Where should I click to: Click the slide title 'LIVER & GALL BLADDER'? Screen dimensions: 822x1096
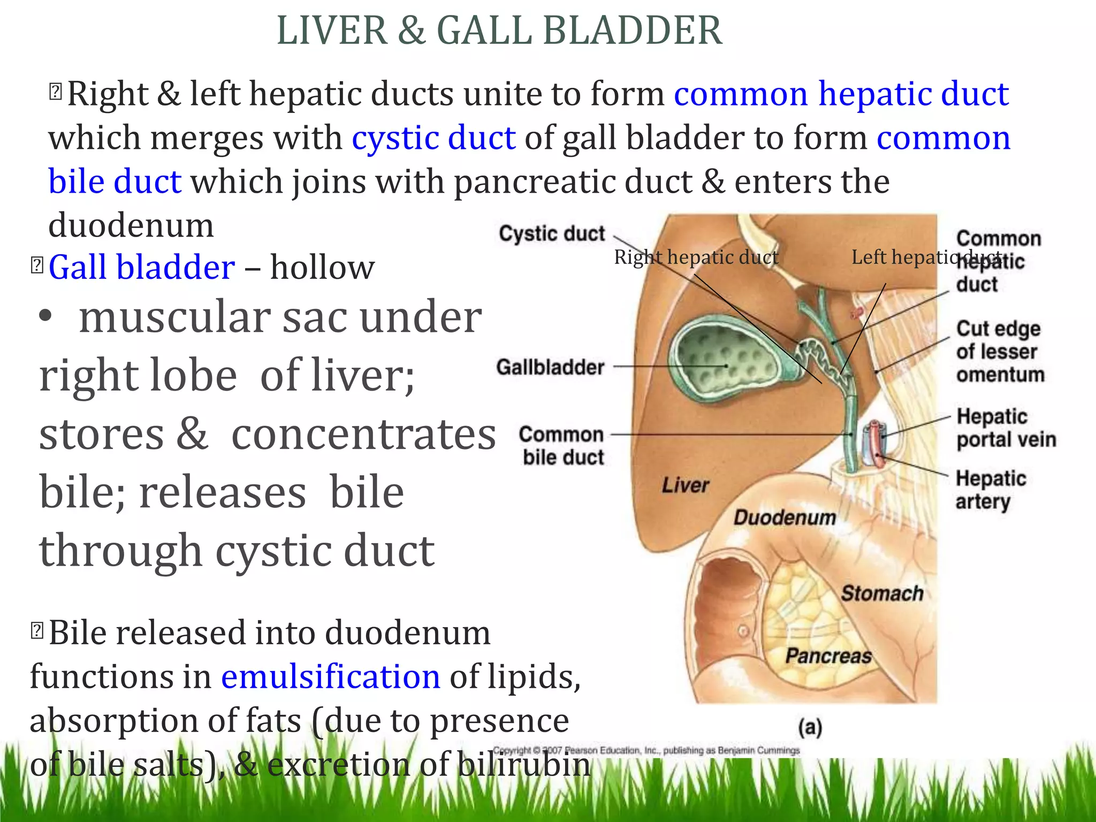499,31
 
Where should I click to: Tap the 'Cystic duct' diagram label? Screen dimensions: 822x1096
552,234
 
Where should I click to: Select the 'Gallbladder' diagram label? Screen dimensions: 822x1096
550,367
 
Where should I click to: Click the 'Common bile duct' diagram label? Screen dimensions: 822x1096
562,446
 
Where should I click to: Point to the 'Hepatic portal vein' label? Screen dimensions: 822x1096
1006,428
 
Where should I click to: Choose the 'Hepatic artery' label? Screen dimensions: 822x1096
991,490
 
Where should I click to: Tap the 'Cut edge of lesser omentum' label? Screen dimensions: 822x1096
1000,352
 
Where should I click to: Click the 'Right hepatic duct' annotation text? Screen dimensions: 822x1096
696,257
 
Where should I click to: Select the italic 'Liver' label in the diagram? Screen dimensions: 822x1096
685,485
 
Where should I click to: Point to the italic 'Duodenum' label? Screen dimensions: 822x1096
785,517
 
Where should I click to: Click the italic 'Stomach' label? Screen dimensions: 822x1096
882,593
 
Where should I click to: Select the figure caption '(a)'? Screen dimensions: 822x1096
810,727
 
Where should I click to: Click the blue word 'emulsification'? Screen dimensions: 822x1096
330,676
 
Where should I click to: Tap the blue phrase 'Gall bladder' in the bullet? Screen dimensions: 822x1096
141,267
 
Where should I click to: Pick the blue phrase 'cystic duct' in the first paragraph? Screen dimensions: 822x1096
433,138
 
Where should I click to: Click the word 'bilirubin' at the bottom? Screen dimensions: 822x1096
524,764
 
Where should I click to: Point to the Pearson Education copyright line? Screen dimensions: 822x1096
646,750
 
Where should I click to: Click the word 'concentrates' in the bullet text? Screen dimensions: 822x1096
363,434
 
